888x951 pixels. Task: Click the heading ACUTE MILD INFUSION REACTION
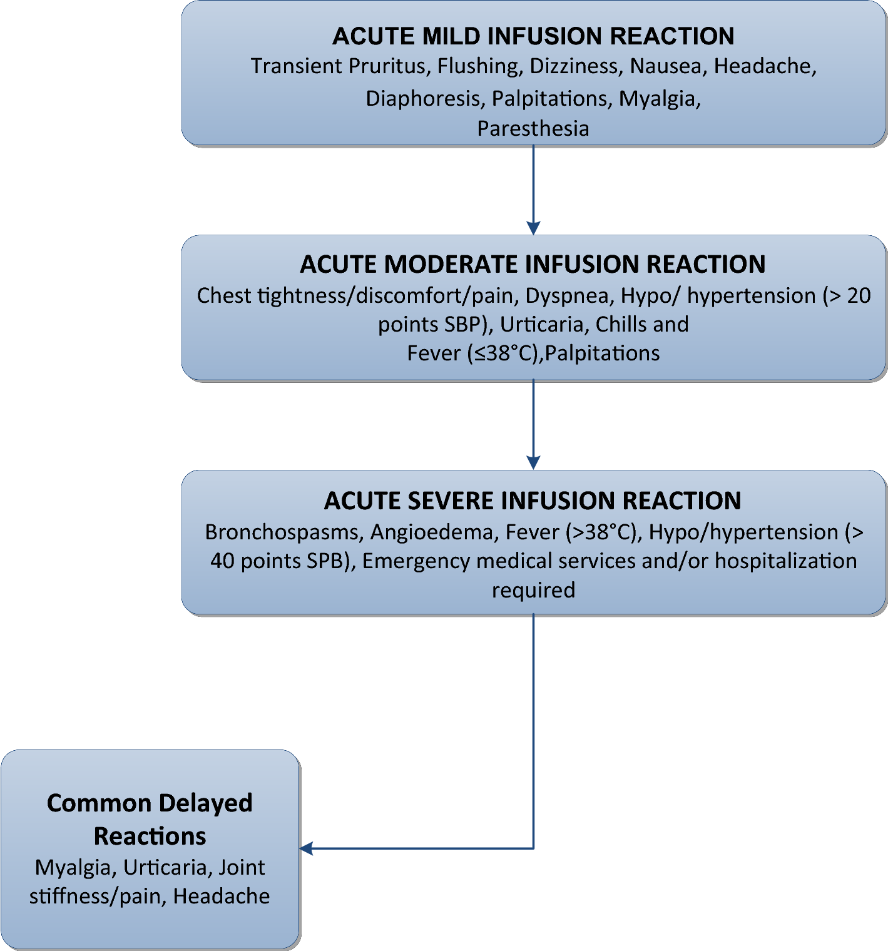(533, 36)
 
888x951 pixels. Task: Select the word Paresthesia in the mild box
(533, 128)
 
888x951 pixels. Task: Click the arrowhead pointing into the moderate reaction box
(533, 228)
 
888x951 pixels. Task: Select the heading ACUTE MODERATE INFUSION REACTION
(533, 264)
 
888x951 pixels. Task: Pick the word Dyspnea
(566, 295)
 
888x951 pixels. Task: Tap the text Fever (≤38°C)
(473, 353)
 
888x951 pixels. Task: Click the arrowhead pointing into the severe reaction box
(533, 462)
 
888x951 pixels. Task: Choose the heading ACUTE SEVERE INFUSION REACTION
(533, 501)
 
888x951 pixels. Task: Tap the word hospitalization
(785, 561)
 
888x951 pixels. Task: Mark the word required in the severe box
(533, 590)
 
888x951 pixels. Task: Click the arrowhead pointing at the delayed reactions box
(307, 848)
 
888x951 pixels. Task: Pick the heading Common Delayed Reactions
(150, 819)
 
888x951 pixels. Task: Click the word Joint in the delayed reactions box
(242, 867)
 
